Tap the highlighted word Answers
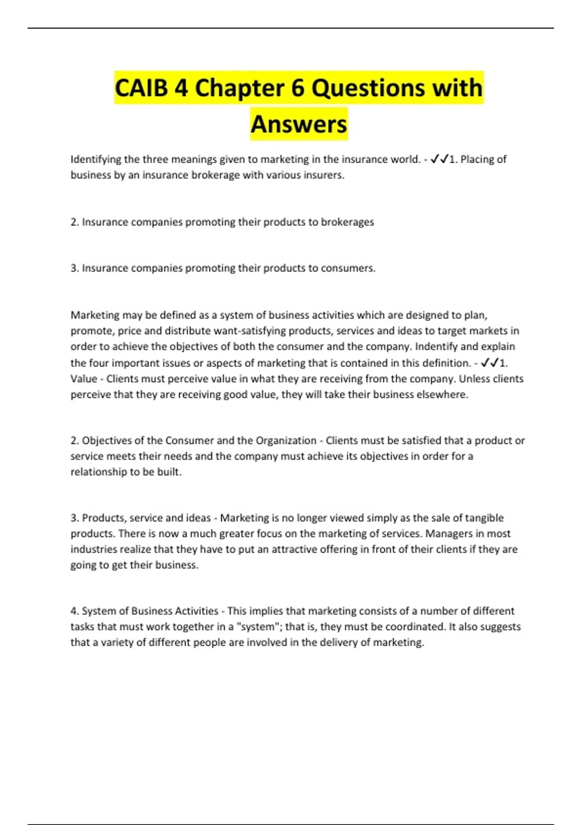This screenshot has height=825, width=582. point(299,124)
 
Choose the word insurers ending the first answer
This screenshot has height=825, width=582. point(324,175)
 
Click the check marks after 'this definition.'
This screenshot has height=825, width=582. point(490,363)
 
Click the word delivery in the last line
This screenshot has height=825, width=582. point(336,643)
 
